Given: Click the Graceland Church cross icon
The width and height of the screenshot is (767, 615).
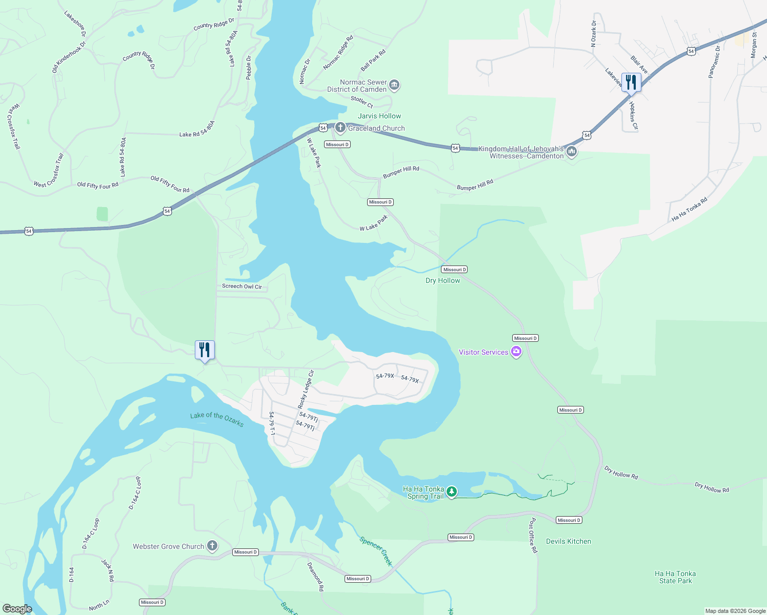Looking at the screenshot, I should pos(340,127).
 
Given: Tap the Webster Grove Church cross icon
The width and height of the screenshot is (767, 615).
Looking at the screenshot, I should pos(212,546).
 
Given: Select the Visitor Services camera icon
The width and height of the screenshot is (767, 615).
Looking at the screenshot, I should pos(516,352).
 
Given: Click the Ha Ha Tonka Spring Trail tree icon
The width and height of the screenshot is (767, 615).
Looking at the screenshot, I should pos(451,492).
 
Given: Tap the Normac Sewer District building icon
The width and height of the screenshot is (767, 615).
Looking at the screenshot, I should pos(394,85).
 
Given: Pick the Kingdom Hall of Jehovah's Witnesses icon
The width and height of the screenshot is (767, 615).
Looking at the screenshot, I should pos(572,152).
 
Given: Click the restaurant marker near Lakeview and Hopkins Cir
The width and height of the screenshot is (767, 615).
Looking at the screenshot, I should pos(631,82).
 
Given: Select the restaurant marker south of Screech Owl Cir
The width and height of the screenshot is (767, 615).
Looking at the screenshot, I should pos(205,350).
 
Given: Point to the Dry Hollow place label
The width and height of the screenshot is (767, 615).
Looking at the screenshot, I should pos(442,280).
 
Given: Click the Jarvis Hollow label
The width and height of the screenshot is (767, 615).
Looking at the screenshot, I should pos(379,116).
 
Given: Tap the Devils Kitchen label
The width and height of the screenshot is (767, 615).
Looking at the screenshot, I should pos(568,541).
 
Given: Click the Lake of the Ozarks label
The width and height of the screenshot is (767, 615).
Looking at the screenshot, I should pos(217,419).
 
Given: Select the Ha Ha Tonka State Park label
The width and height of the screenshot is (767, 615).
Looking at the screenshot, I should pos(675,577).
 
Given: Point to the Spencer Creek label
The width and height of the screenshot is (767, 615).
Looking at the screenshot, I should pos(376,551).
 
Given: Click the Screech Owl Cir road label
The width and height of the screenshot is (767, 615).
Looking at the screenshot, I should pos(241,286).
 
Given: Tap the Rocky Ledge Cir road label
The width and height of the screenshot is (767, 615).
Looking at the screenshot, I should pos(306,389).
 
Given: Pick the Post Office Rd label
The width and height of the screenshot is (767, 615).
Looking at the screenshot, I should pos(533,535).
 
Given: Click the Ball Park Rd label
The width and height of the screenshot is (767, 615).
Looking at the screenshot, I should pos(373,60).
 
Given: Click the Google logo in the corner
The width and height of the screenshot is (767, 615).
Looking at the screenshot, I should pos(17,608).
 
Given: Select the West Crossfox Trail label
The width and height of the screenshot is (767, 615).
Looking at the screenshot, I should pos(14,127).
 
